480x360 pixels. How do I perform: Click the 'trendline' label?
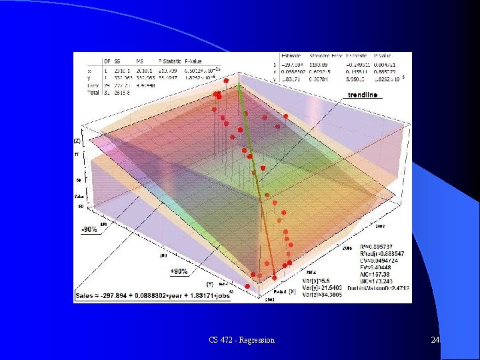pos(365,95)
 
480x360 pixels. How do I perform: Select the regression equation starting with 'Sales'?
pos(152,295)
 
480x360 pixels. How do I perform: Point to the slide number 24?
pos(435,340)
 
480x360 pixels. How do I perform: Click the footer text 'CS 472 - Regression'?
pos(241,340)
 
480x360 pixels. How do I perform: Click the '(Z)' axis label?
pos(78,141)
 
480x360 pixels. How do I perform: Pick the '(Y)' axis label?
pos(210,283)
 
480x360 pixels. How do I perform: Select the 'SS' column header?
pos(117,61)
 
